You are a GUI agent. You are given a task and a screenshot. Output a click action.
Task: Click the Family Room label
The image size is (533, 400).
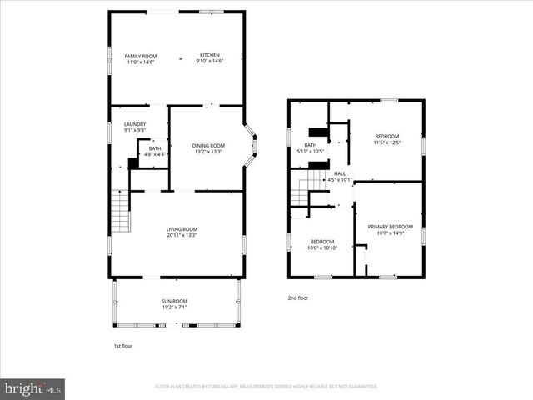(x=141, y=56)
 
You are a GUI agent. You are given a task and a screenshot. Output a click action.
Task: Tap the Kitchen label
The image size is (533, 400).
(x=209, y=56)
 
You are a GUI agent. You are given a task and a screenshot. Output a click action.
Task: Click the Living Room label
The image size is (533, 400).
(x=181, y=229)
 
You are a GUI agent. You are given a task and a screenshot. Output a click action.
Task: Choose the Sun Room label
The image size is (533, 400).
(x=174, y=301)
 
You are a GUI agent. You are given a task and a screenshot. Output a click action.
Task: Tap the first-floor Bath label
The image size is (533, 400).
(x=155, y=148)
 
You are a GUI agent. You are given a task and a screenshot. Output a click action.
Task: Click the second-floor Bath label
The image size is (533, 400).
(x=309, y=145)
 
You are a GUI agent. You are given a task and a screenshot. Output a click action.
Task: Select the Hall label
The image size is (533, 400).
(x=340, y=173)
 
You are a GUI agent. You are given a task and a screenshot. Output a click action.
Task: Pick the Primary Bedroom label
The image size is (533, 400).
(x=390, y=227)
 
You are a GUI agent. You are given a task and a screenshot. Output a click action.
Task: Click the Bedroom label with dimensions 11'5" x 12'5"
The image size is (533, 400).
(x=386, y=136)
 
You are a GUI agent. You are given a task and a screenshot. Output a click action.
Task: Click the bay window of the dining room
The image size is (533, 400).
(x=253, y=146)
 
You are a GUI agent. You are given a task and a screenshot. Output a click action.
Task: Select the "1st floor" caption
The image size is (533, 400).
(x=122, y=346)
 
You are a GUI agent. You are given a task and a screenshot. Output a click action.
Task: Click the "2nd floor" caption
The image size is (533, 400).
(x=298, y=297)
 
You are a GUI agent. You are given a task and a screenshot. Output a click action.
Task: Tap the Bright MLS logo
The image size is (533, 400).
(x=33, y=389)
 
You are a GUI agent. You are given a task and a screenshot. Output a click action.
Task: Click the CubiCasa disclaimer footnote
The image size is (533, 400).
(x=266, y=387)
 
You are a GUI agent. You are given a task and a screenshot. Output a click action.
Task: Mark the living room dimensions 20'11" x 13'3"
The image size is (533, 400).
(x=181, y=235)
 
